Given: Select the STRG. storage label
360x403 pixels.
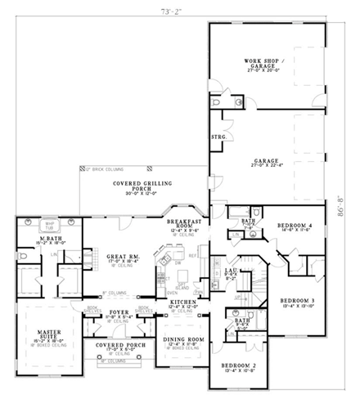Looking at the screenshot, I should click(218, 137).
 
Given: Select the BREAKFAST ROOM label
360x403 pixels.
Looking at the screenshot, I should click(183, 226).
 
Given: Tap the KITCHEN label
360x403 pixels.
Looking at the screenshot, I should click(182, 303).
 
